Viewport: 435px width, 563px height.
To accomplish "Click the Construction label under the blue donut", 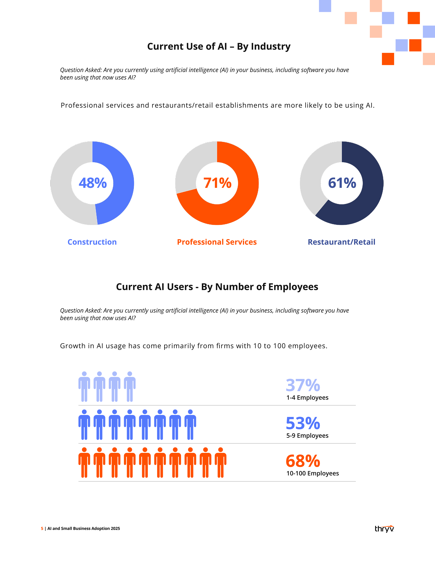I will (92, 242).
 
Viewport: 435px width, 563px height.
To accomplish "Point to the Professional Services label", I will (217, 242).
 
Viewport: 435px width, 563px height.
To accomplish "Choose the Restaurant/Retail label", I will (341, 242).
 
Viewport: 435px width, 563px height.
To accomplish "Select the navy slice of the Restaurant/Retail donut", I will (366, 196).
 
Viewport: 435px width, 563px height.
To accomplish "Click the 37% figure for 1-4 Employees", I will (303, 385).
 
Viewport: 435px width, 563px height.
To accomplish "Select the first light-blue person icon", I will (84, 387).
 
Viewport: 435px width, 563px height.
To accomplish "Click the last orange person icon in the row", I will (221, 463).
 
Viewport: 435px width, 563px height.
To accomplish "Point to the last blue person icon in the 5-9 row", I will (190, 425).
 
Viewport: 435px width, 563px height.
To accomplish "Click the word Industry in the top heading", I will (271, 47).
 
